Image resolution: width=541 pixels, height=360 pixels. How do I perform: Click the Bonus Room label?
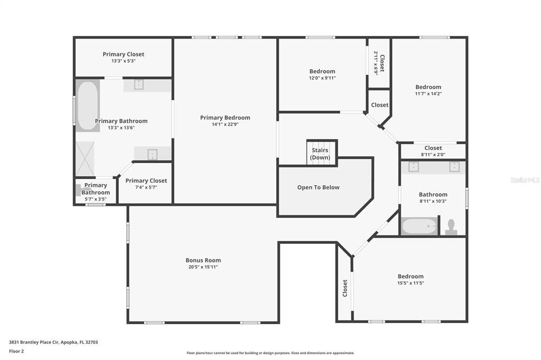pos(203,260)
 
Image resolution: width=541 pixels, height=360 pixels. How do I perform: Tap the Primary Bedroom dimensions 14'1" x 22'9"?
pos(225,125)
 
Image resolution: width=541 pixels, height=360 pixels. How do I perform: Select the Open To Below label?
pos(318,187)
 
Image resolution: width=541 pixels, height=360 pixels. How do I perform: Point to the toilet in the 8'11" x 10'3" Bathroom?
pos(451,227)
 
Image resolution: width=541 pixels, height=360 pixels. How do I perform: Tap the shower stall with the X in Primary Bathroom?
pos(85,159)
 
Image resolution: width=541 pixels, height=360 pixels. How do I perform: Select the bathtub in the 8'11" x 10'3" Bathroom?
pos(419,226)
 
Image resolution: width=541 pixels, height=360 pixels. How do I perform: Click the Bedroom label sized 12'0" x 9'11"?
pos(322,71)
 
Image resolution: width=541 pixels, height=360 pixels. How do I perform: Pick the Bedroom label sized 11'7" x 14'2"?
pos(428,87)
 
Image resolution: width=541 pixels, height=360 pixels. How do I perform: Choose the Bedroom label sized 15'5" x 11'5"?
pos(411,276)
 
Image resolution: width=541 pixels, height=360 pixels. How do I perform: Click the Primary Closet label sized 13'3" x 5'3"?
pos(123,54)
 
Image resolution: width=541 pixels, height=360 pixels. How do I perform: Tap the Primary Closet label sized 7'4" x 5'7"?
pos(146,181)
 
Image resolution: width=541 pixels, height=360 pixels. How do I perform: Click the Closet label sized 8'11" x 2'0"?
pos(433,148)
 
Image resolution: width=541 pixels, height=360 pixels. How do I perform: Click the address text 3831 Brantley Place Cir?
pos(53,342)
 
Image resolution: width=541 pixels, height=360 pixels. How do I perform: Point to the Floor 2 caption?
pos(16,351)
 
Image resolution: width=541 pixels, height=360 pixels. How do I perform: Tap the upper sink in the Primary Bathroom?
pos(139,84)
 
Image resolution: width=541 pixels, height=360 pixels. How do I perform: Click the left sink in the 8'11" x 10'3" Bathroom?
pos(414,167)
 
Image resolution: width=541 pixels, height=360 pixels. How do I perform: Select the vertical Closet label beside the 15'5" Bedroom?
pos(345,288)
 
